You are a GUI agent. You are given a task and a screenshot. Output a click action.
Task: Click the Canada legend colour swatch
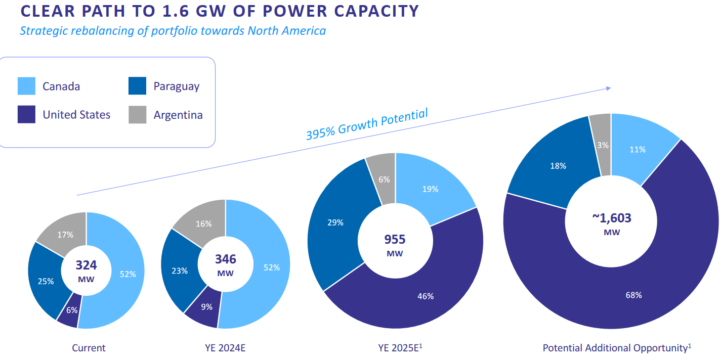tap(26, 86)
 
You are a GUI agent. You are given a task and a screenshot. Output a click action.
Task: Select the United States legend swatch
tap(26, 114)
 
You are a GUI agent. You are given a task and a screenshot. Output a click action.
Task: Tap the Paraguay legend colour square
tap(138, 86)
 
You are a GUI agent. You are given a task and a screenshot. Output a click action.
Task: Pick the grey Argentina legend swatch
tap(138, 114)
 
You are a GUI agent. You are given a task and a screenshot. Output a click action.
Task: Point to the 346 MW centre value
tap(226, 264)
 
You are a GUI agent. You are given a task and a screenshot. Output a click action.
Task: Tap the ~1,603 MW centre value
tap(611, 223)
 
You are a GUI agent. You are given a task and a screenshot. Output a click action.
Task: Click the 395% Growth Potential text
tap(367, 124)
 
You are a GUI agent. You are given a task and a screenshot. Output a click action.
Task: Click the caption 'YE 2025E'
tap(399, 348)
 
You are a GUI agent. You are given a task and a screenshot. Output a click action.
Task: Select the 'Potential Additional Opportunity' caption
tap(615, 348)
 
